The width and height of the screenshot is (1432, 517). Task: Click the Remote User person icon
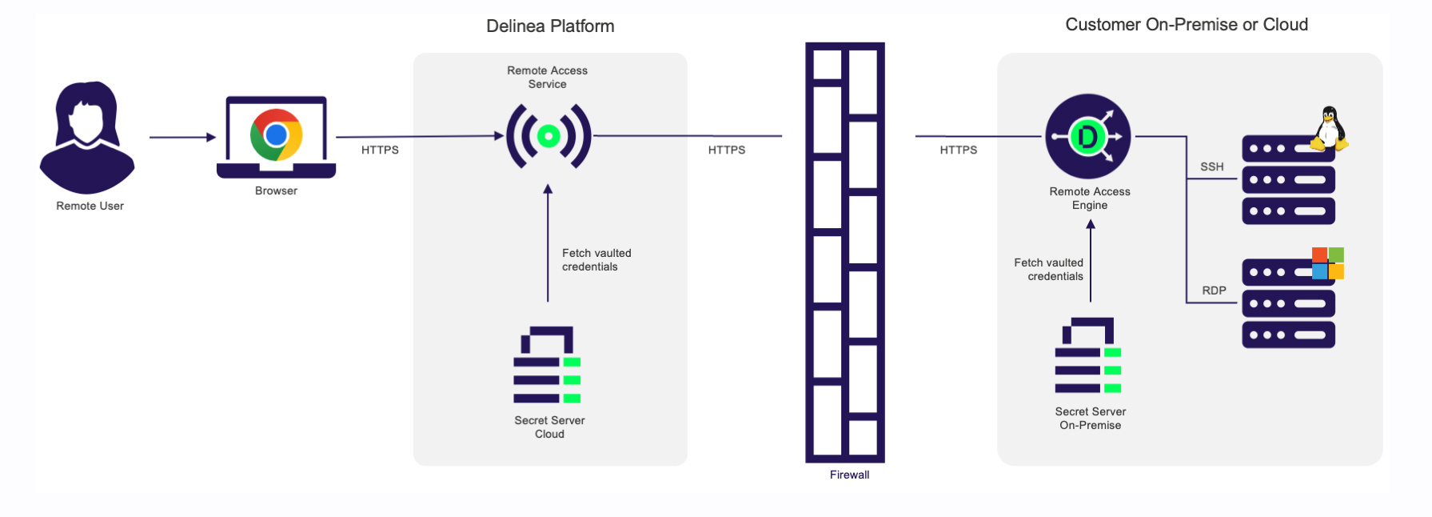click(87, 137)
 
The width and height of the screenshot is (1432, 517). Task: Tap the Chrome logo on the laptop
click(276, 134)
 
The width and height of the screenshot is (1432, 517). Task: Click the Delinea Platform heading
click(550, 26)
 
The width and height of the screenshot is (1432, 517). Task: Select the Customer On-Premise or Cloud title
click(1186, 25)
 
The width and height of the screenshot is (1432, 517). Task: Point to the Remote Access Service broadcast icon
click(548, 136)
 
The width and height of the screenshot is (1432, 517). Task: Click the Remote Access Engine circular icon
click(1088, 137)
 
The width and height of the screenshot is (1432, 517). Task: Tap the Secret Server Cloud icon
click(548, 365)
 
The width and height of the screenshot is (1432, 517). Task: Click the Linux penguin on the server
click(1329, 128)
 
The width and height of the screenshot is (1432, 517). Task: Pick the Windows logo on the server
click(1328, 263)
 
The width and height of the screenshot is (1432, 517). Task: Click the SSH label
click(1211, 166)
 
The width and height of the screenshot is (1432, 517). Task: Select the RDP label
click(1214, 291)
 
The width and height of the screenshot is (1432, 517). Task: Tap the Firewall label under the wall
click(849, 475)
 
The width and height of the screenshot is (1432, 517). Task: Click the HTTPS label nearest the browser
click(380, 150)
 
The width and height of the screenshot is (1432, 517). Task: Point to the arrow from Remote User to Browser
click(182, 138)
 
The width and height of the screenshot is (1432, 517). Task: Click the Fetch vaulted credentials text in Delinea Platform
click(596, 260)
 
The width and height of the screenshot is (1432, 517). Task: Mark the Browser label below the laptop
click(276, 190)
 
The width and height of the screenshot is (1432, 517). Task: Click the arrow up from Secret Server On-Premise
click(1091, 261)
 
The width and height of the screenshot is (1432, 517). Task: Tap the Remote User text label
click(90, 206)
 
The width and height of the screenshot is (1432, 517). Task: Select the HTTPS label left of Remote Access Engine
click(958, 150)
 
